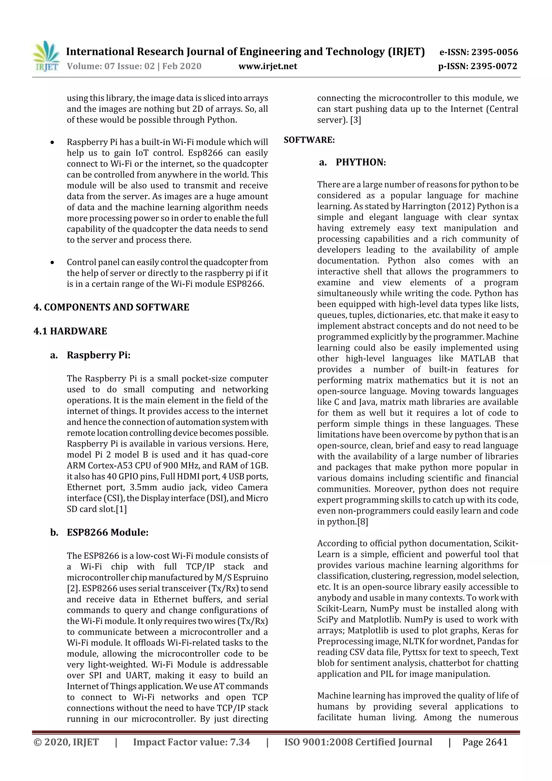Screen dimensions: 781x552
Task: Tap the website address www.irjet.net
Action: (x=268, y=66)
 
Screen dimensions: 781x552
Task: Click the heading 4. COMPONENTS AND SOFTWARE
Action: (x=111, y=307)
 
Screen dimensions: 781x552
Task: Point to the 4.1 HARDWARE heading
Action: (x=70, y=331)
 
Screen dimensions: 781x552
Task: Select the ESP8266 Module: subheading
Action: (x=108, y=532)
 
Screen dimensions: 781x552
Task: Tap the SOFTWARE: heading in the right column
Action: (x=309, y=140)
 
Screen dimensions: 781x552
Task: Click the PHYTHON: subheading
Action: (x=361, y=162)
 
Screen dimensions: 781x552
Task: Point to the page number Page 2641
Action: (x=485, y=742)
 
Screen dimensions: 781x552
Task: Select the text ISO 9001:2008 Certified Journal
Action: (x=358, y=742)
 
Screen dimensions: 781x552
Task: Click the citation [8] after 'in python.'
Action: (x=363, y=521)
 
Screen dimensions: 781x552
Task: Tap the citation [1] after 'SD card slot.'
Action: (x=121, y=509)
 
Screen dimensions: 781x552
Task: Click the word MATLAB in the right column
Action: (x=478, y=358)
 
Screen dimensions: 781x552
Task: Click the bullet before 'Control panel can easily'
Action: (x=52, y=262)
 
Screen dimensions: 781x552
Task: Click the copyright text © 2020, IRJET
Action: (x=66, y=742)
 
